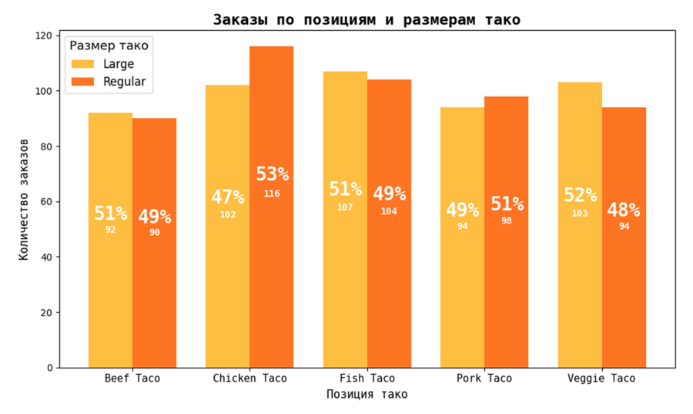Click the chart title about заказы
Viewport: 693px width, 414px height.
(x=367, y=20)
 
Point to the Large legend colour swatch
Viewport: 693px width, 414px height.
(x=82, y=64)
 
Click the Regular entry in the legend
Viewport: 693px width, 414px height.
(x=124, y=82)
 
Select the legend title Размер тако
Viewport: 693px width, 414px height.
(x=109, y=46)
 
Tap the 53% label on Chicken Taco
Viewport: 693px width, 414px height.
(x=272, y=174)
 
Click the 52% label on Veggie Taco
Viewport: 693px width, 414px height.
(x=580, y=196)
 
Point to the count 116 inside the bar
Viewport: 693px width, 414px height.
(x=272, y=194)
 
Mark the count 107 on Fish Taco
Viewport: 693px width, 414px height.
(x=345, y=207)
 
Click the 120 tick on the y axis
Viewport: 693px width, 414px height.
(x=45, y=35)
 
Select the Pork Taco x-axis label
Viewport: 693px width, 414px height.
(x=484, y=379)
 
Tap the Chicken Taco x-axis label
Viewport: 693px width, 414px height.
(x=249, y=379)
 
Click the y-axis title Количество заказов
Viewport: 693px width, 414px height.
(x=24, y=199)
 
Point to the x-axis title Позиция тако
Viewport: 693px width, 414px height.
(x=367, y=395)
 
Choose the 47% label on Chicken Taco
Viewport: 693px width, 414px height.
(x=228, y=197)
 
